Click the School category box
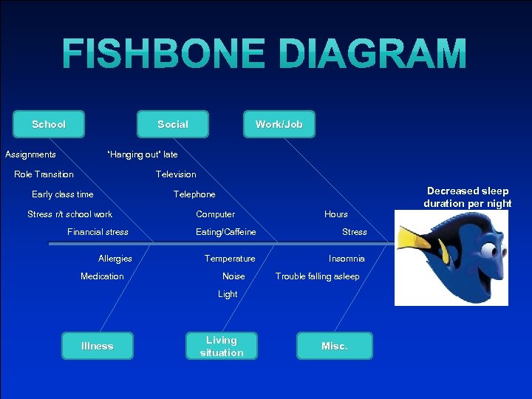49,124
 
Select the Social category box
173,124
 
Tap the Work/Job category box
279,124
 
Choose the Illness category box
98,346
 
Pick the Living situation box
222,346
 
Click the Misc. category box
335,346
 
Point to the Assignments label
30,154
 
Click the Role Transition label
44,174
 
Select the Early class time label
63,194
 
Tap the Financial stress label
98,232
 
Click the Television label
176,174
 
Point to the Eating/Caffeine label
226,232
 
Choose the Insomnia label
347,259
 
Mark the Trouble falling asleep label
318,276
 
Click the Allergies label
115,259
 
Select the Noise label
233,276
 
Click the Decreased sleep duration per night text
468,197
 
